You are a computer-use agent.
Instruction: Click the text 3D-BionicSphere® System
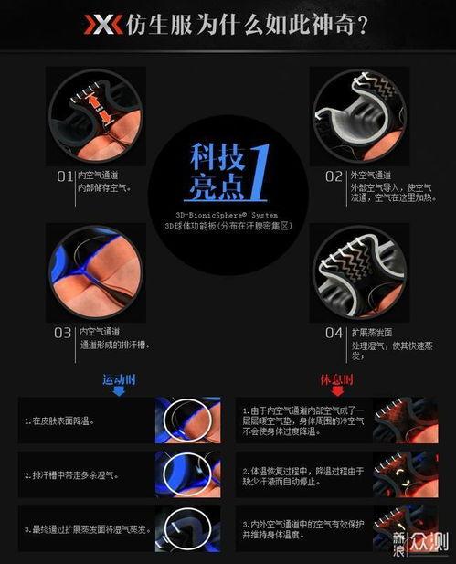pyautogui.click(x=228, y=214)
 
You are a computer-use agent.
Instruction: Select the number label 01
pyautogui.click(x=65, y=175)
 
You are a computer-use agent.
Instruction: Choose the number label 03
pyautogui.click(x=64, y=332)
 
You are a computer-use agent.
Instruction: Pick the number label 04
pyautogui.click(x=334, y=333)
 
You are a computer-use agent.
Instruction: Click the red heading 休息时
pyautogui.click(x=336, y=378)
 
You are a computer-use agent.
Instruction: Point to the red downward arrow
pyautogui.click(x=336, y=391)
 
